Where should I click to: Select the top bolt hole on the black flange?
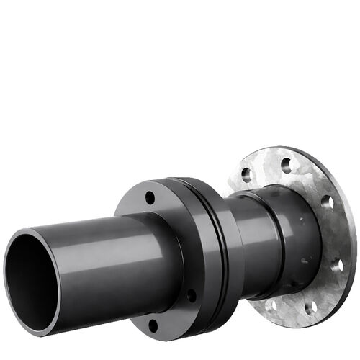click(150, 197)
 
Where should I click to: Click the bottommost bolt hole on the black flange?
click(153, 325)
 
